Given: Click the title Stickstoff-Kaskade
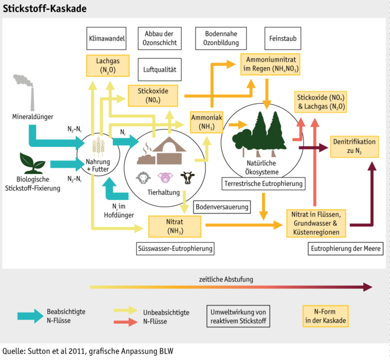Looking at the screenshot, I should coord(45,9).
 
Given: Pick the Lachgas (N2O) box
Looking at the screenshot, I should coord(107,65).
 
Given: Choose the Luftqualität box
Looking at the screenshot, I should coord(159,69).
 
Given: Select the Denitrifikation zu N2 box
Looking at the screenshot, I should coord(354,146).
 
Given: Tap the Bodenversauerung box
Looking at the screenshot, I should coord(222,207).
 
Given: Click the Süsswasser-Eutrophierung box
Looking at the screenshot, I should coord(175,249).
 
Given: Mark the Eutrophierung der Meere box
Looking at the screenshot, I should coord(346,249).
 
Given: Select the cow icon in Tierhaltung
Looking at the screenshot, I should coord(187,177).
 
